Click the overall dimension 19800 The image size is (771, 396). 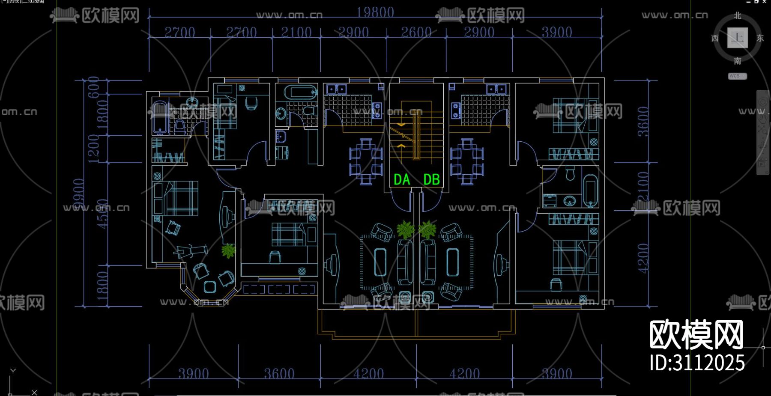(x=375, y=12)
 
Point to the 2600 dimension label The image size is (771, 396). (x=416, y=32)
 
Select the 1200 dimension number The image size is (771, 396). (x=93, y=148)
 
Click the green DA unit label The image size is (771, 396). (x=402, y=180)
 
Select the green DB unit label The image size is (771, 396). (x=431, y=180)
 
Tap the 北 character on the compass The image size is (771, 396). (x=738, y=16)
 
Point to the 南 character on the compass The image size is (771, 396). (x=738, y=61)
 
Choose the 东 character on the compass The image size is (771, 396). (x=760, y=38)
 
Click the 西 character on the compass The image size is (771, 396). (x=715, y=38)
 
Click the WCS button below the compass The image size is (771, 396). (x=737, y=76)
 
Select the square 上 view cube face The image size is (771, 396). (x=738, y=38)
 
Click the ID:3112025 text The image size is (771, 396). (x=697, y=363)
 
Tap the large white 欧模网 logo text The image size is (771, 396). (x=696, y=335)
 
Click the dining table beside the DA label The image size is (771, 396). (x=366, y=161)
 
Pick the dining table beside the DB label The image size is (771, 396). (x=467, y=161)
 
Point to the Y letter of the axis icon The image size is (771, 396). (x=13, y=372)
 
